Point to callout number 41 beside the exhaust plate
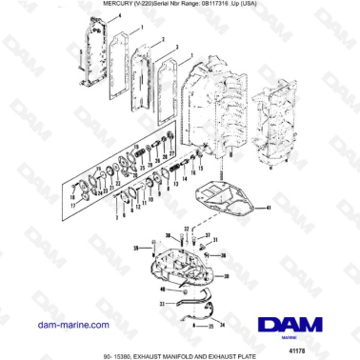269,207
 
